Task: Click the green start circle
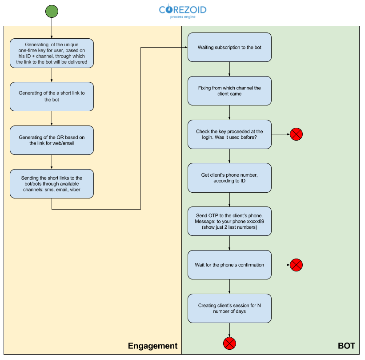(x=52, y=11)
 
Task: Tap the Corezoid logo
(x=182, y=11)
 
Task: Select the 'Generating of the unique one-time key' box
(x=52, y=53)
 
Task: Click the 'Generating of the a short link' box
(x=52, y=96)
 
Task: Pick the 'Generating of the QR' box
(x=52, y=140)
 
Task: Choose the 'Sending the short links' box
(x=52, y=183)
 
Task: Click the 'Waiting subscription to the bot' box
(x=229, y=47)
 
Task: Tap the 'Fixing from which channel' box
(x=229, y=91)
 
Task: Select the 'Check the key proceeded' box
(x=229, y=134)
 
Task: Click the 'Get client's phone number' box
(x=229, y=178)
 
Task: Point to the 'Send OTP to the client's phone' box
(x=229, y=221)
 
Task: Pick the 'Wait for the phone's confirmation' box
(x=229, y=265)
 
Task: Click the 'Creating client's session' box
(x=229, y=308)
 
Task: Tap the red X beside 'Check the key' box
(x=296, y=134)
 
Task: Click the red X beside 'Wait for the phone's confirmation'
(x=296, y=265)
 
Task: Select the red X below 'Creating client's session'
(x=229, y=343)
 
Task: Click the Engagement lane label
(x=152, y=346)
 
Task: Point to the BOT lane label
(x=346, y=346)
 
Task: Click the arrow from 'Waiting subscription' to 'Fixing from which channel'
(x=229, y=69)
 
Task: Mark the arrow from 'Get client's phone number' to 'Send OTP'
(x=229, y=200)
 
